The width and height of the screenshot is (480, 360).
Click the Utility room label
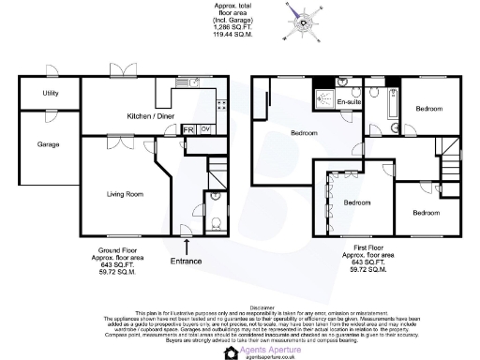point(51,94)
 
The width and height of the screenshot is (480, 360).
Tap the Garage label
point(48,145)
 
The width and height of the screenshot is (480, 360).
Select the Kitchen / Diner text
point(150,116)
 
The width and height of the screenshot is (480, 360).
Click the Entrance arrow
point(188,247)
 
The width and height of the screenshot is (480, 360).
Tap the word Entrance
point(187,261)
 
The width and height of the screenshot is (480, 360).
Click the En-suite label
point(349,100)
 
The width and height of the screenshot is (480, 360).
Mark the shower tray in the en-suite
point(324,99)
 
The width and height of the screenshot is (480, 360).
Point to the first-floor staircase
point(451,170)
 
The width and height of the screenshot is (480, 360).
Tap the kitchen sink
point(195,82)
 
